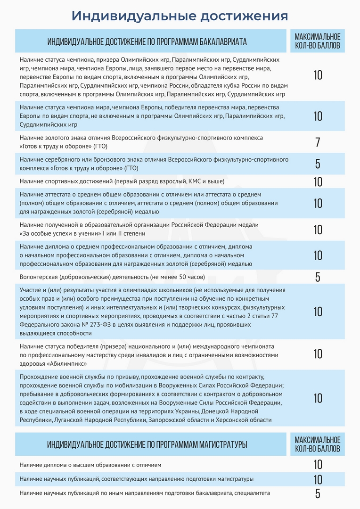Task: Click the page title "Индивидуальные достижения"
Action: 180,16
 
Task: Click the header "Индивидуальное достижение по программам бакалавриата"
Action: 147,41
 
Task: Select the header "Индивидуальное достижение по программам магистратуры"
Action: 147,444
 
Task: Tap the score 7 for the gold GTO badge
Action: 318,142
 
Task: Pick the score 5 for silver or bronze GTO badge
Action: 318,164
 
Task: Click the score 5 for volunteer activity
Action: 318,277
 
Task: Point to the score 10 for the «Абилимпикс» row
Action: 318,354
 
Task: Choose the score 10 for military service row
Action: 318,398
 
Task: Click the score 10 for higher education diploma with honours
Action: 318,465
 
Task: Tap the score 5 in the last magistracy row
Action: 318,493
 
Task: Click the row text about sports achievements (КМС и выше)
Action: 122,181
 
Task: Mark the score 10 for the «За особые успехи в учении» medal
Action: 318,230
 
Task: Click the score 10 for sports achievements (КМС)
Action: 318,181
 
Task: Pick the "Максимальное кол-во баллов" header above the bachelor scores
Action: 317,41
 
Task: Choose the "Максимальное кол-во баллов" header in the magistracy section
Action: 317,444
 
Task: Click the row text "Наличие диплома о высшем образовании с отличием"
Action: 90,465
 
